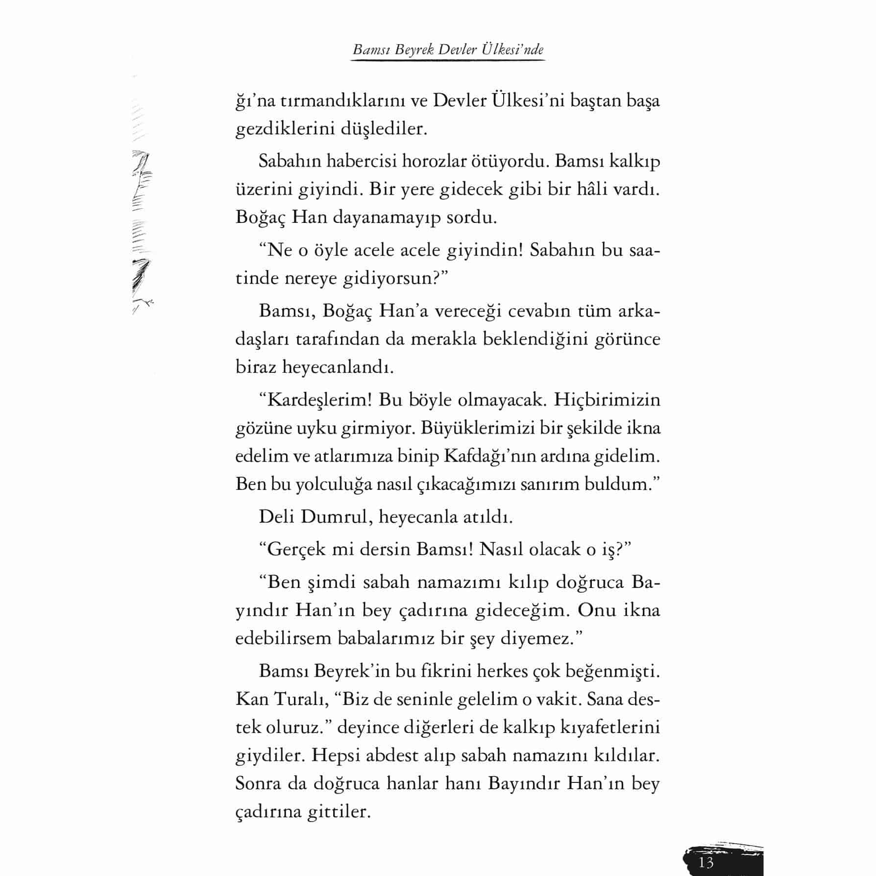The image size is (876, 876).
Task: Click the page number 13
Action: [x=706, y=862]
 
